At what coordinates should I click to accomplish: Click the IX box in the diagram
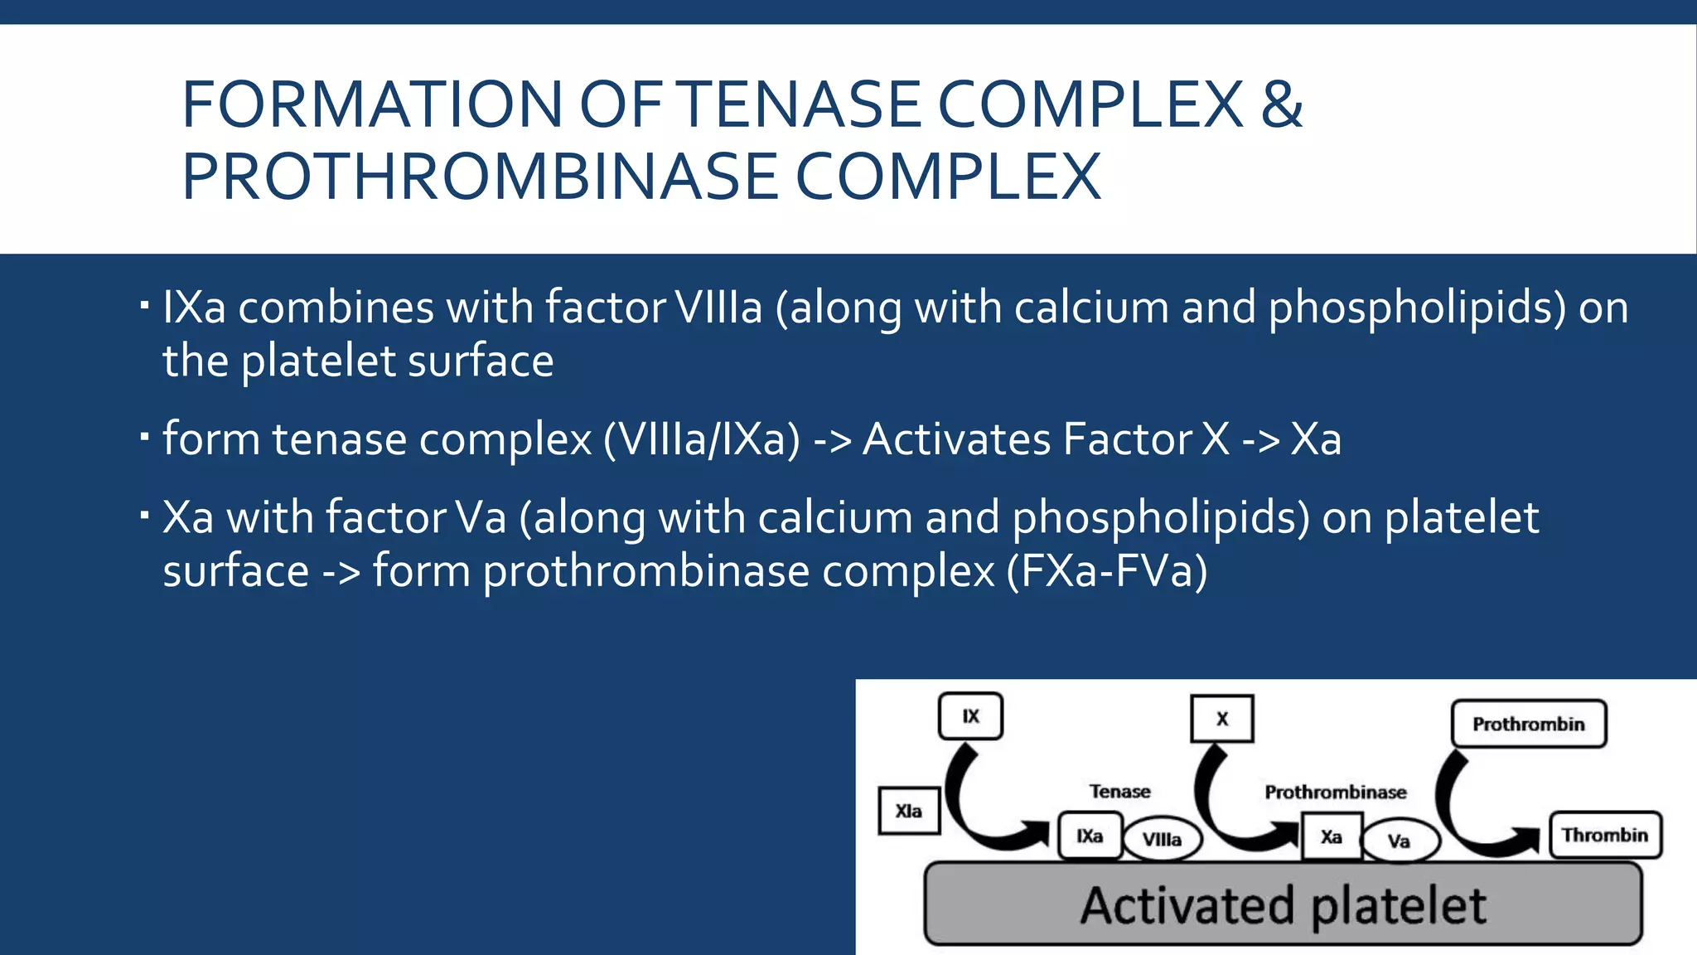[970, 716]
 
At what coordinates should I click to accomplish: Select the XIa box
[909, 811]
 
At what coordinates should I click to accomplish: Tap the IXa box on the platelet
[1090, 836]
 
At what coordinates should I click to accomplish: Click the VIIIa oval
[1162, 840]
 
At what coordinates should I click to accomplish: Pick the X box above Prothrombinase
[1222, 719]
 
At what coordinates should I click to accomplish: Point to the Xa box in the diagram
[1331, 837]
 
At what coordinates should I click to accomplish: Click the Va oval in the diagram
[1399, 841]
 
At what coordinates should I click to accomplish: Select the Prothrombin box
[1528, 724]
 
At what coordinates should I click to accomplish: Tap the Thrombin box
[1605, 835]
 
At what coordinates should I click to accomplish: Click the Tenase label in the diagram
[1119, 792]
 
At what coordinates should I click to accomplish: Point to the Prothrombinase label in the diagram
[1335, 793]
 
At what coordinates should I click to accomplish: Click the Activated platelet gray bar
[1283, 904]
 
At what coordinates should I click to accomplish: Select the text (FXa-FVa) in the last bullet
[1107, 570]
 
